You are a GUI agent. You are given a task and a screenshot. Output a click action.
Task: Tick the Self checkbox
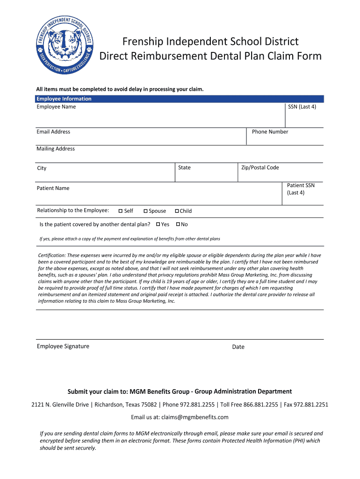click(x=121, y=211)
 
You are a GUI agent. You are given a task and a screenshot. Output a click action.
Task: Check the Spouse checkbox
click(x=145, y=211)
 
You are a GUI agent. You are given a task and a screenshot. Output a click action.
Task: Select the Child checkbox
click(x=177, y=211)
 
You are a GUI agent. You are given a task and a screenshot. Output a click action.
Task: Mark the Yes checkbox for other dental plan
click(x=158, y=225)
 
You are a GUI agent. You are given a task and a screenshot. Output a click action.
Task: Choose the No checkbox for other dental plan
click(x=178, y=225)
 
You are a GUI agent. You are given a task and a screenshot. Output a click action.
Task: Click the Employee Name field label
click(x=56, y=107)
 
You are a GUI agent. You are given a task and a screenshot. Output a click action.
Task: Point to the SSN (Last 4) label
click(x=302, y=107)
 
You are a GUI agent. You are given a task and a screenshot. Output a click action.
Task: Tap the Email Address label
click(x=53, y=132)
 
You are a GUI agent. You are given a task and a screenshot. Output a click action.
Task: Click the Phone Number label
click(x=270, y=132)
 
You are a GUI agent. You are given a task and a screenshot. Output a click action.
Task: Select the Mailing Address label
click(x=56, y=149)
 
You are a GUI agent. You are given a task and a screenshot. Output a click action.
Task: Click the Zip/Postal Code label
click(x=260, y=167)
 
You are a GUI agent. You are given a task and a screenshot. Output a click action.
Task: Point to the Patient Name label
click(x=53, y=188)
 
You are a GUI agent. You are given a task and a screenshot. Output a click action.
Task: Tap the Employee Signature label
click(x=63, y=346)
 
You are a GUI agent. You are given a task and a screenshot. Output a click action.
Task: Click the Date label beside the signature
click(x=238, y=347)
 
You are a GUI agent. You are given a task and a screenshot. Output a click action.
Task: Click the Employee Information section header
click(x=64, y=99)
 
